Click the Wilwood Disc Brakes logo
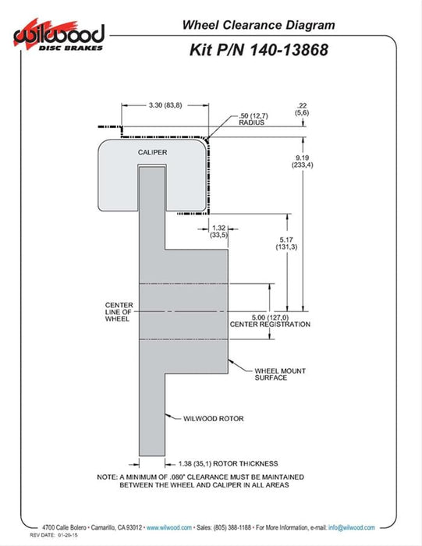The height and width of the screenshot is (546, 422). [x=59, y=36]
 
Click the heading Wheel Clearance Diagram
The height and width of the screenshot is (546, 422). [x=259, y=25]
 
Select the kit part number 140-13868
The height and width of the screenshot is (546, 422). [x=289, y=50]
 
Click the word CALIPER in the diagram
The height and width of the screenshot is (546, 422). [x=153, y=153]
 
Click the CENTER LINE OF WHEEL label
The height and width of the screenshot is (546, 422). [x=119, y=312]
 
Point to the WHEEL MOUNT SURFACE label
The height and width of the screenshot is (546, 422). [x=280, y=374]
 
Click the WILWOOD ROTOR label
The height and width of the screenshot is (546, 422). [x=214, y=419]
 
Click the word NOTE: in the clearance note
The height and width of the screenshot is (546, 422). [x=107, y=477]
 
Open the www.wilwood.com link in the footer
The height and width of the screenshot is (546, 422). [x=169, y=527]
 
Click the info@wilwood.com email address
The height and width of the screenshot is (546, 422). [x=352, y=527]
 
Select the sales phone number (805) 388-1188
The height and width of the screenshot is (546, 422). [x=232, y=527]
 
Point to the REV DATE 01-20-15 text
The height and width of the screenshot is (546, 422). [x=54, y=535]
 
